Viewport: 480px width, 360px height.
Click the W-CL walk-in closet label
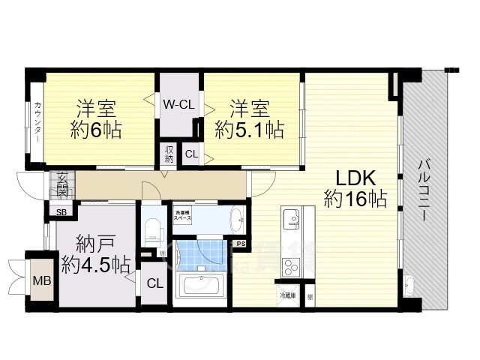click(x=179, y=105)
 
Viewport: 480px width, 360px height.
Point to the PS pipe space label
click(x=241, y=244)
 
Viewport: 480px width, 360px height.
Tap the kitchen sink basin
click(x=290, y=218)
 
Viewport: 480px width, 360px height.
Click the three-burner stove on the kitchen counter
click(x=290, y=265)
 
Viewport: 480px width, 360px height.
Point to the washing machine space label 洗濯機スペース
click(x=184, y=215)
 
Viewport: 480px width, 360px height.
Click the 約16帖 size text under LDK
click(x=355, y=199)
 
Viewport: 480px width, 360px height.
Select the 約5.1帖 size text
click(x=249, y=130)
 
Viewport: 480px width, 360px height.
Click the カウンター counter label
click(x=37, y=121)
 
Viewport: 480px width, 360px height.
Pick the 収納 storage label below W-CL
click(x=169, y=154)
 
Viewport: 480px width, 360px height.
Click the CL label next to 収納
click(x=191, y=155)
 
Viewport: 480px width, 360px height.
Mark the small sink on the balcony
click(x=409, y=286)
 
